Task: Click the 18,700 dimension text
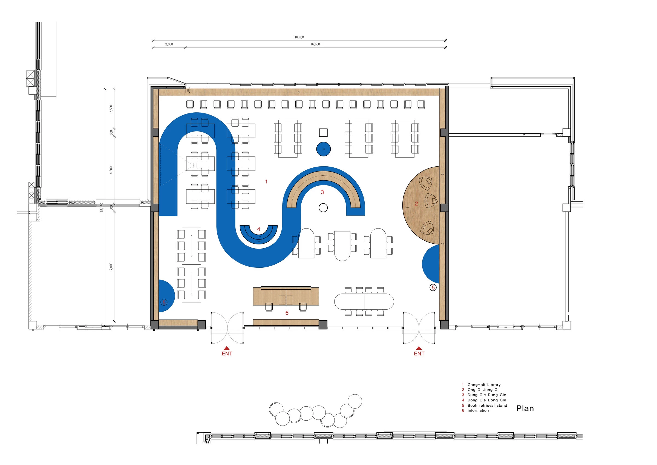[299, 37]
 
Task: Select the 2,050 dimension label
[169, 44]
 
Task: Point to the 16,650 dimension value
[315, 44]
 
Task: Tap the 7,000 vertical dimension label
[111, 266]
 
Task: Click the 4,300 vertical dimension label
[111, 170]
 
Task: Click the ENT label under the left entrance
[227, 354]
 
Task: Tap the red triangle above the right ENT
[419, 348]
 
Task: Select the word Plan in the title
[525, 409]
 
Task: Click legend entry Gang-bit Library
[484, 385]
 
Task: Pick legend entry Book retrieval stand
[487, 406]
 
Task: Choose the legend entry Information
[478, 410]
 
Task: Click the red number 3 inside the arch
[322, 192]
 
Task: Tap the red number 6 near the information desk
[287, 313]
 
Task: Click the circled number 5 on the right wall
[433, 287]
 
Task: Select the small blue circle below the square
[323, 149]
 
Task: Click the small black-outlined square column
[323, 133]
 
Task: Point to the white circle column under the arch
[323, 208]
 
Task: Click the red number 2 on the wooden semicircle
[416, 204]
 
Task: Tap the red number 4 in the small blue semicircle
[259, 229]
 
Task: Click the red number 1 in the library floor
[266, 182]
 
